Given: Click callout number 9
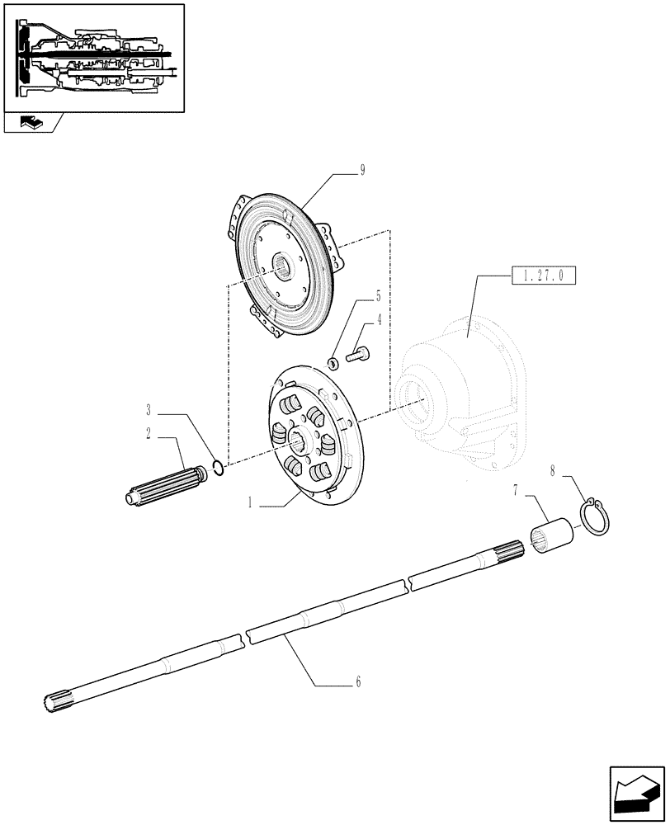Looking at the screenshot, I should tap(362, 171).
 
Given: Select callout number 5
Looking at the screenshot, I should tap(379, 295).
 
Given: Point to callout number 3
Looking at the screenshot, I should tap(149, 409).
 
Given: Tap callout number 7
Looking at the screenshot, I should tap(516, 491).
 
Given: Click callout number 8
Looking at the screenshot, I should tap(552, 471).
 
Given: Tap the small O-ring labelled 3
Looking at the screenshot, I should tap(216, 469).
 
